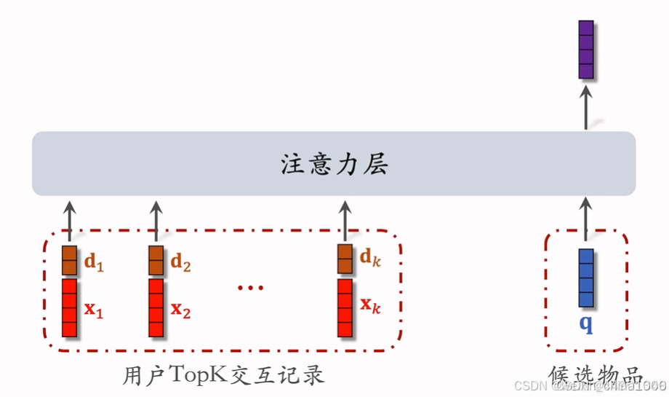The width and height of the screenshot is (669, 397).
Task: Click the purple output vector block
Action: pyautogui.click(x=586, y=49)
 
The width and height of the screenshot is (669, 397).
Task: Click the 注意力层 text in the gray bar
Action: pyautogui.click(x=334, y=165)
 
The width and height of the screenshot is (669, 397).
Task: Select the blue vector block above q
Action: pyautogui.click(x=586, y=278)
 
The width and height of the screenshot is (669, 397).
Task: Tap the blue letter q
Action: pyautogui.click(x=586, y=323)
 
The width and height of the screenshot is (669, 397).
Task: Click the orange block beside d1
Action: pyautogui.click(x=69, y=260)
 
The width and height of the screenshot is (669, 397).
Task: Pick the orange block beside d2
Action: pyautogui.click(x=156, y=260)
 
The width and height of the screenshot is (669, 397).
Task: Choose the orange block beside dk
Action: pyautogui.click(x=345, y=260)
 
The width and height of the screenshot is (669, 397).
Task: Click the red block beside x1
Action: pyautogui.click(x=69, y=307)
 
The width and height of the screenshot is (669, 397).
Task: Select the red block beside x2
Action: pyautogui.click(x=156, y=307)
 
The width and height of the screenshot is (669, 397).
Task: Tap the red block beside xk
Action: pyautogui.click(x=345, y=307)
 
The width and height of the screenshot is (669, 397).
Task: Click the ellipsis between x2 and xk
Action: pyautogui.click(x=250, y=287)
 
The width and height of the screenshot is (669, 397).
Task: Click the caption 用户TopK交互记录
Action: pyautogui.click(x=223, y=375)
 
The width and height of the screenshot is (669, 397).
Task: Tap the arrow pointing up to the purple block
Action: pyautogui.click(x=586, y=106)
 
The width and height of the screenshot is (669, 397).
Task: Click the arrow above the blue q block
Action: pyautogui.click(x=586, y=221)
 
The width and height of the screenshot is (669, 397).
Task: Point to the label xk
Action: pyautogui.click(x=371, y=309)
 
